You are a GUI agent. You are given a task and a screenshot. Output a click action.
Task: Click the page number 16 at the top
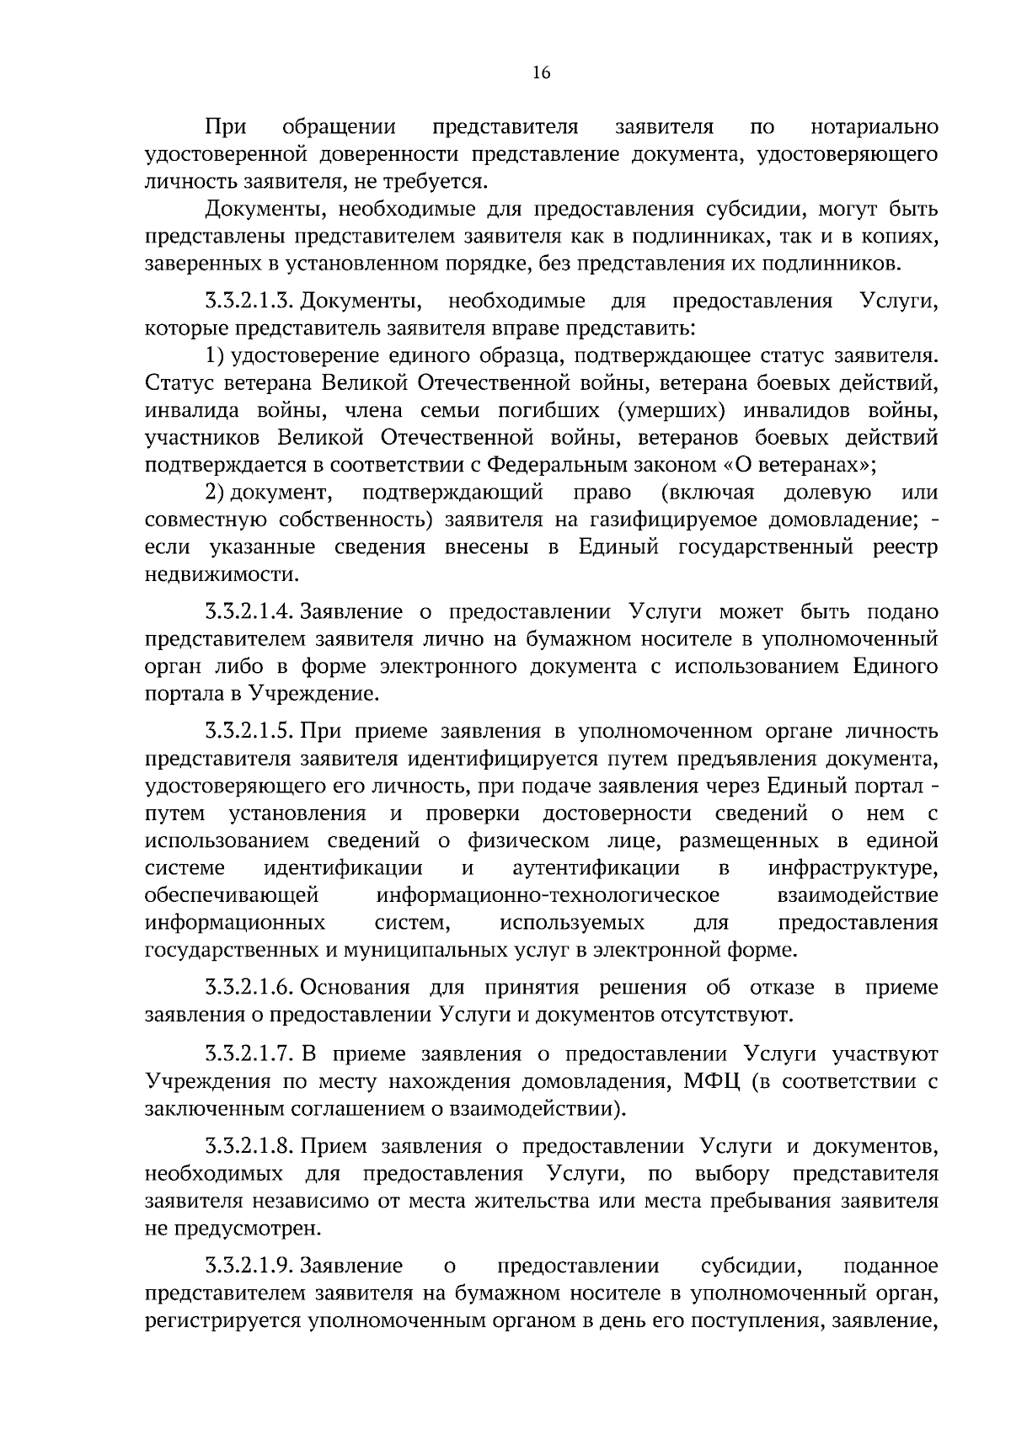click(x=541, y=73)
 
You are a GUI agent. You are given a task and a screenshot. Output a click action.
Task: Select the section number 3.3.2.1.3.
click(x=250, y=301)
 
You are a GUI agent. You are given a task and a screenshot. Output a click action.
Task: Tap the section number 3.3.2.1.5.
click(x=250, y=732)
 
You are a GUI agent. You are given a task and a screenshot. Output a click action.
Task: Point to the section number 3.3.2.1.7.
click(x=250, y=1053)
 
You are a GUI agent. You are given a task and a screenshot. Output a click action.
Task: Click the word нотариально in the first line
click(x=874, y=127)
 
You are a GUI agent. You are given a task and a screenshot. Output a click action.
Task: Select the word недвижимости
click(x=222, y=575)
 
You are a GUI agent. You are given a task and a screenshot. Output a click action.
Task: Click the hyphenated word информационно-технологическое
click(x=548, y=895)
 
